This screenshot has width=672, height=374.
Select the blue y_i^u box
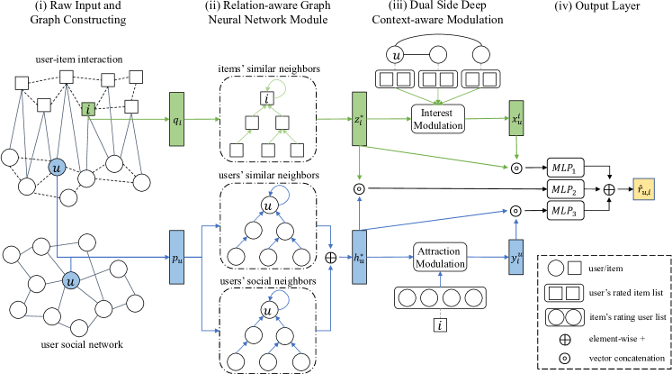point(515,258)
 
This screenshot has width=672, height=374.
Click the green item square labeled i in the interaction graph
point(86,109)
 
